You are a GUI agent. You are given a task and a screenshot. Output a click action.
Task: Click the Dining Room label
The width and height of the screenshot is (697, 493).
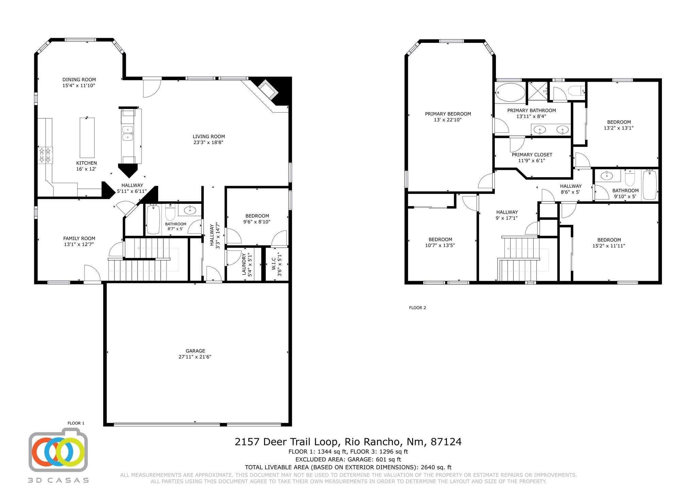click(79, 80)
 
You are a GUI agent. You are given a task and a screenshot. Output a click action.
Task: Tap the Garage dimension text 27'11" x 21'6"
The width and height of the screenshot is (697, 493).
click(195, 357)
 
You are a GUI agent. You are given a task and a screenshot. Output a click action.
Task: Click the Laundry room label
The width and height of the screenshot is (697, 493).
click(244, 264)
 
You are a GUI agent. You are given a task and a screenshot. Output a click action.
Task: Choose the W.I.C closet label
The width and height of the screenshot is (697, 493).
click(274, 264)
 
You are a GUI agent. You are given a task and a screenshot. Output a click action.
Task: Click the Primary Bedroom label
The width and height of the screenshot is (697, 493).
click(448, 114)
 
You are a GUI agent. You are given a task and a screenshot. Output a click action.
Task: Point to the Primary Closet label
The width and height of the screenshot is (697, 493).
click(532, 155)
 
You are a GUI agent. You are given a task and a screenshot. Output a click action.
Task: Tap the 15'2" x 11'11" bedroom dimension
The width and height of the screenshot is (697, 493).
click(609, 246)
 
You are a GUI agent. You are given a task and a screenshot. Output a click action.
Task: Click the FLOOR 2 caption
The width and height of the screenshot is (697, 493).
click(417, 308)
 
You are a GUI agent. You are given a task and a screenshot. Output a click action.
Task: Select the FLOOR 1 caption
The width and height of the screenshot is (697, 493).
click(76, 423)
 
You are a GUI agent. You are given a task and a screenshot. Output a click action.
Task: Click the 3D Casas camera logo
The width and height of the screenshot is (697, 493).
click(58, 450)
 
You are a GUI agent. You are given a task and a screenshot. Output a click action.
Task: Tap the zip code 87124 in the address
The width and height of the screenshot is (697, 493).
click(446, 442)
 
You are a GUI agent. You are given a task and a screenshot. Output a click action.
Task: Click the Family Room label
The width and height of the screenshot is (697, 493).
click(79, 239)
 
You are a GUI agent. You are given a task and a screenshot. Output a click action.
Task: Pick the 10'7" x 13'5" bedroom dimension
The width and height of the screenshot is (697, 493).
click(440, 245)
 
